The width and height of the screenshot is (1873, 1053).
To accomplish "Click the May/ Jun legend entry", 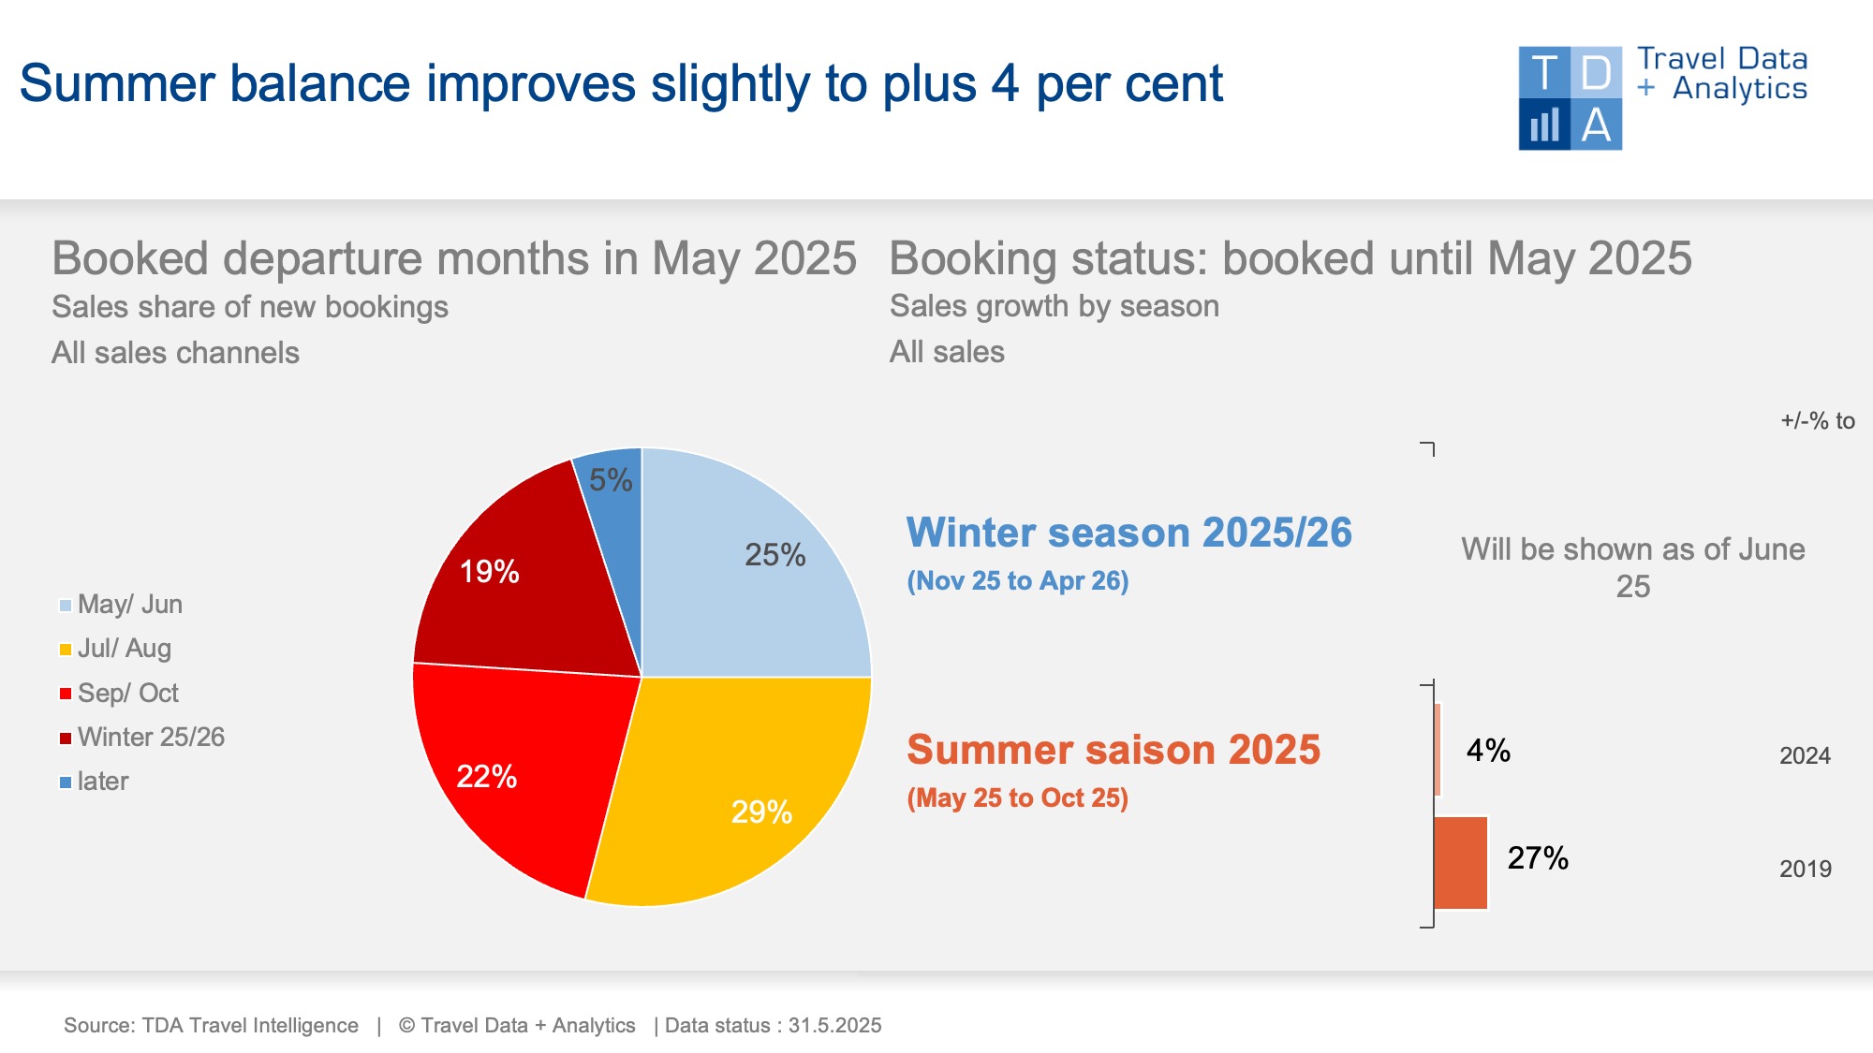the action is click(121, 605).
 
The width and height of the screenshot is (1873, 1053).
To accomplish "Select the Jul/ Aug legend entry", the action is click(115, 649).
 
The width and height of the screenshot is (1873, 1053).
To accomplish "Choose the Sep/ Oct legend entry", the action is click(119, 694).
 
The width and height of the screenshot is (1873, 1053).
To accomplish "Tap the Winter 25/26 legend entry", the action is click(141, 738).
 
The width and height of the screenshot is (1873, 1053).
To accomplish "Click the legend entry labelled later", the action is click(94, 782).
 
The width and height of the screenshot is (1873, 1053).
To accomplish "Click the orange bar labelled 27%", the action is click(1461, 863).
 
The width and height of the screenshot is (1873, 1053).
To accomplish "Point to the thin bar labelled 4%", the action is click(1438, 750).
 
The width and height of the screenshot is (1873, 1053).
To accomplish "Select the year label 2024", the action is click(1805, 755).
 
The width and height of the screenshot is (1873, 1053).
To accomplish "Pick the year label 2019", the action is click(1805, 869).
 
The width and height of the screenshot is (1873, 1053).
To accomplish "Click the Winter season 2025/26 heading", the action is click(1128, 533).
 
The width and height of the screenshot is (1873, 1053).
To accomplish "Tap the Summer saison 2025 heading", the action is click(1113, 750).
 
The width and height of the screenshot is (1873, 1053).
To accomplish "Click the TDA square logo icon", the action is click(1571, 98).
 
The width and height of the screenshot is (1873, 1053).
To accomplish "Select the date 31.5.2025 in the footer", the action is click(834, 1026).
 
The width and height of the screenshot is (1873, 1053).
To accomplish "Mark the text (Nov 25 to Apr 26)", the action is click(1018, 581).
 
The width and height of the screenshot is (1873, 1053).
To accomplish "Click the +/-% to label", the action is click(1817, 421).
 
